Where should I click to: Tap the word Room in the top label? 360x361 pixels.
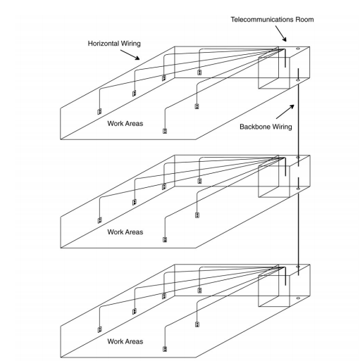tap(304, 20)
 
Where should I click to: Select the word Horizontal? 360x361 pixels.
tap(103, 44)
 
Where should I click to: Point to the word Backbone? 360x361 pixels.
tap(254, 127)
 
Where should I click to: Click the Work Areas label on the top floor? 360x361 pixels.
tap(125, 124)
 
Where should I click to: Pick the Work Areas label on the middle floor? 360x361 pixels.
tap(125, 232)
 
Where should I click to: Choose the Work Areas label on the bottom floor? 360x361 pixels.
tap(125, 341)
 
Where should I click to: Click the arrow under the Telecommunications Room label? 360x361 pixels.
tap(281, 34)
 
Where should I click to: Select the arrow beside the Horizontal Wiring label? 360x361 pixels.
tap(130, 55)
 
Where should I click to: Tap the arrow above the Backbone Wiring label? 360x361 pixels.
tap(285, 112)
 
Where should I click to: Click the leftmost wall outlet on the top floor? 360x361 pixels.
tap(99, 111)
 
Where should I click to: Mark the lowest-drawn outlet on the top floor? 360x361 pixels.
tap(165, 131)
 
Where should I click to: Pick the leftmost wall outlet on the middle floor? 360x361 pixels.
tap(99, 220)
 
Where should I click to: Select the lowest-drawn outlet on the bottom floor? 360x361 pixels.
tap(165, 349)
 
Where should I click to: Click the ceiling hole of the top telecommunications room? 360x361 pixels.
tap(298, 49)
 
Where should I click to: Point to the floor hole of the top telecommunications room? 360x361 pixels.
tap(298, 80)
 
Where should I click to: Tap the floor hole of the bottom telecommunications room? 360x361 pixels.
tap(298, 298)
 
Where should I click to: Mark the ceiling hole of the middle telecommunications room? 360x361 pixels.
tap(298, 157)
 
